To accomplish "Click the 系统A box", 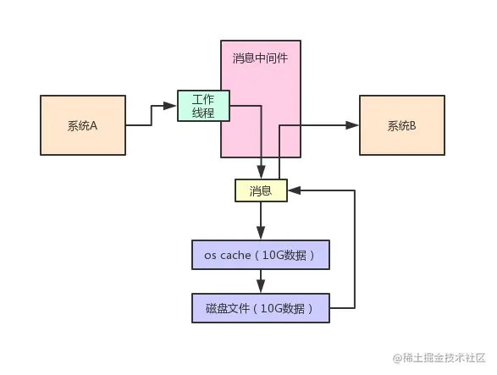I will pyautogui.click(x=82, y=125).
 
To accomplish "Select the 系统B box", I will pyautogui.click(x=401, y=125).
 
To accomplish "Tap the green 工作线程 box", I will pyautogui.click(x=203, y=106).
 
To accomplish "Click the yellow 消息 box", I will pyautogui.click(x=261, y=190).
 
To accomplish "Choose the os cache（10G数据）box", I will pyautogui.click(x=260, y=254).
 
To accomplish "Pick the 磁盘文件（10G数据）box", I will pyautogui.click(x=260, y=308).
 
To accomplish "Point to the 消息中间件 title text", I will pyautogui.click(x=261, y=58).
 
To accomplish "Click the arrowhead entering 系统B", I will pyautogui.click(x=353, y=125).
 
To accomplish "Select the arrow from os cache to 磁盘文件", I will pyautogui.click(x=260, y=281).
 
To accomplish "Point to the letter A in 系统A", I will pyautogui.click(x=94, y=126).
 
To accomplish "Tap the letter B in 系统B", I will pyautogui.click(x=413, y=126).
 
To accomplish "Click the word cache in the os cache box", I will pyautogui.click(x=237, y=255).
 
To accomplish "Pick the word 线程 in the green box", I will pyautogui.click(x=203, y=113).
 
